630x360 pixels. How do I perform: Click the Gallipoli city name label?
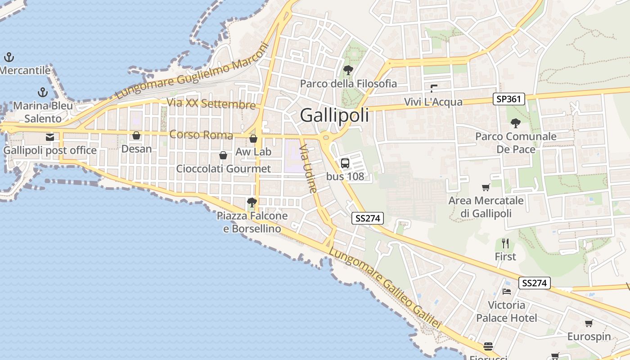click(x=334, y=115)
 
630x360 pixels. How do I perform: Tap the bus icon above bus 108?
click(x=345, y=163)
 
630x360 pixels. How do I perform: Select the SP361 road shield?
click(x=509, y=99)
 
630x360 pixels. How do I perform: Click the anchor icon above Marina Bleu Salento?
click(x=43, y=93)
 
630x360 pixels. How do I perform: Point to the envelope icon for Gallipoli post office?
click(x=50, y=137)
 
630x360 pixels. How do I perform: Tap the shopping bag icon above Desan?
click(x=136, y=135)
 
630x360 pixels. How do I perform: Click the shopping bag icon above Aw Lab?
click(x=253, y=139)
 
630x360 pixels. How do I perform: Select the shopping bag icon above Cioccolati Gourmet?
click(x=223, y=156)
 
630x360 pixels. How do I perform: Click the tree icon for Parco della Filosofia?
click(x=348, y=70)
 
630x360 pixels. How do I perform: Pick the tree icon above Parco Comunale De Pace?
click(x=516, y=123)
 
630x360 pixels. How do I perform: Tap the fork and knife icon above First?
click(x=505, y=243)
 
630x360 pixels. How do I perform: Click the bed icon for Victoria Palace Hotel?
click(x=507, y=292)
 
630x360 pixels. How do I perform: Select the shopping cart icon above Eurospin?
click(x=589, y=323)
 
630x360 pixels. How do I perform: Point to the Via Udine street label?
click(x=309, y=168)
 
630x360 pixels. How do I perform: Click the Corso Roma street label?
click(x=201, y=135)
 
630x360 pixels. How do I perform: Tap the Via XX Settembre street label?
click(x=211, y=103)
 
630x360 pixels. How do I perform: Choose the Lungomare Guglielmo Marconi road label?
click(x=192, y=71)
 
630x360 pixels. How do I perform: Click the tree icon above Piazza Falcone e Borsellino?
click(x=252, y=202)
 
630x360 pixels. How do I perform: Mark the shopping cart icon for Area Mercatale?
click(x=486, y=188)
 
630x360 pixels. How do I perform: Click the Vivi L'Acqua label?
click(x=433, y=102)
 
